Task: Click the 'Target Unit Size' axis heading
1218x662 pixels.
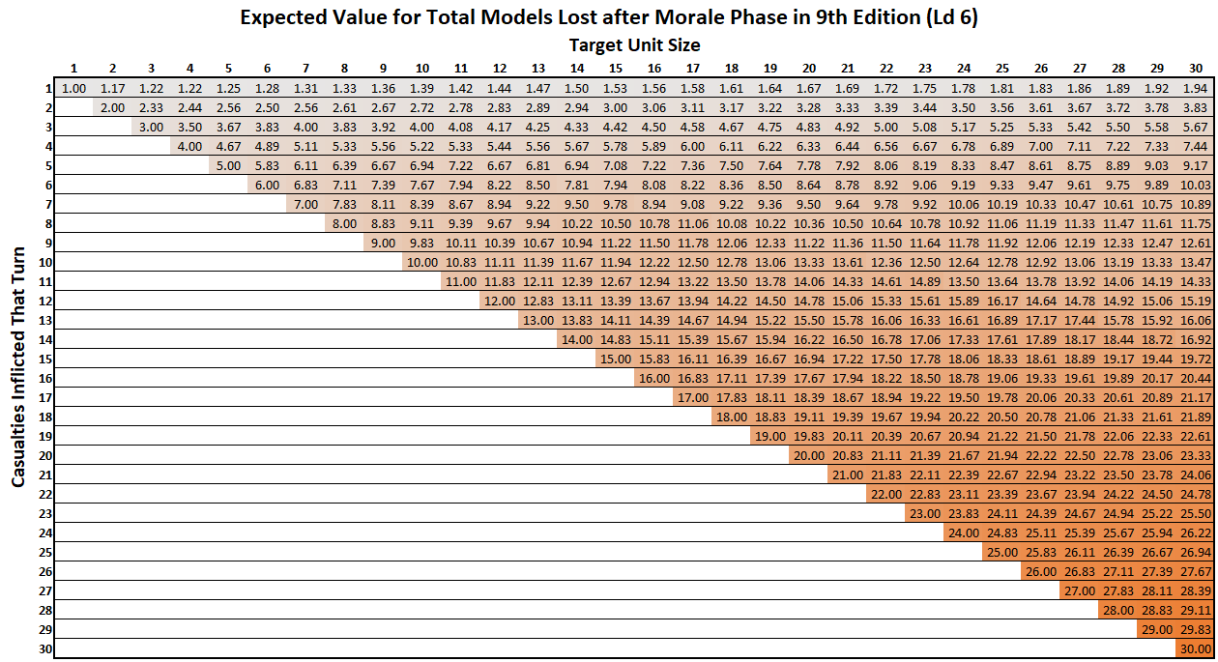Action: point(634,44)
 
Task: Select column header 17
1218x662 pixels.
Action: point(692,68)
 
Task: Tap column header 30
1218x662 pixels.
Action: point(1196,68)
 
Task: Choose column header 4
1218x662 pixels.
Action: point(189,68)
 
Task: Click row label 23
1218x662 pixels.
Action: point(44,513)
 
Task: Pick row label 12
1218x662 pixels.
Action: point(44,301)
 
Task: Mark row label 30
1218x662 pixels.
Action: point(44,648)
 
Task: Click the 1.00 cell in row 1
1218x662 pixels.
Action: point(73,88)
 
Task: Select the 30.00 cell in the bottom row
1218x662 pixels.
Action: point(1196,648)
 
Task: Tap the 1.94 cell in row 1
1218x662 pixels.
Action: point(1196,88)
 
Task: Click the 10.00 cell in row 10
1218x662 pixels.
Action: point(421,262)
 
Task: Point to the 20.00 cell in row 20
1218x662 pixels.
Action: point(809,455)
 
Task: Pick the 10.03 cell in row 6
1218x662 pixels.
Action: point(1196,185)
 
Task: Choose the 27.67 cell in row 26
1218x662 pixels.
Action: point(1196,571)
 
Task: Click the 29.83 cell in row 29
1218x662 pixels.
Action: point(1196,629)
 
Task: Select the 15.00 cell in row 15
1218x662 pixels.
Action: point(615,359)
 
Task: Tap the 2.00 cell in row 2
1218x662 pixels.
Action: point(112,107)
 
